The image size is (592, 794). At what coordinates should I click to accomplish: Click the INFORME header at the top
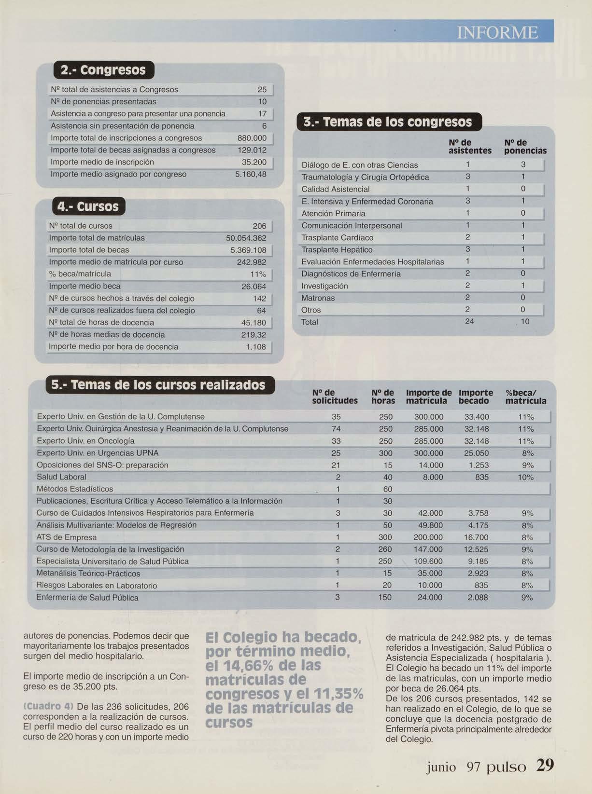(497, 32)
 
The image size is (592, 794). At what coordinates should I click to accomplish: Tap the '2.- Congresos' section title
(103, 70)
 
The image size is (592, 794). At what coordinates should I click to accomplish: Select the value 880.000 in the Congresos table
(252, 138)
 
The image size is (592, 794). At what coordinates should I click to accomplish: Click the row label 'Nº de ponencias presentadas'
(103, 102)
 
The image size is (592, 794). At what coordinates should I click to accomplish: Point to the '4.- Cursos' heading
(88, 206)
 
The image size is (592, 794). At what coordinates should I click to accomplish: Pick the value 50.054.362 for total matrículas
(246, 238)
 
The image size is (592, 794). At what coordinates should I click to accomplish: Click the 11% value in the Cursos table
(258, 274)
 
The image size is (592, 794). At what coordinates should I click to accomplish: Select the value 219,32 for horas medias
(254, 335)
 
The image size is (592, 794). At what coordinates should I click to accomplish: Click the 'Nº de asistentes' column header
(469, 147)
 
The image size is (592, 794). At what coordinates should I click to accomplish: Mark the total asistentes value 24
(469, 321)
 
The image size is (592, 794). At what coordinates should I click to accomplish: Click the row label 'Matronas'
(318, 298)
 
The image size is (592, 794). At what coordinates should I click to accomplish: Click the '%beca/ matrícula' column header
(525, 397)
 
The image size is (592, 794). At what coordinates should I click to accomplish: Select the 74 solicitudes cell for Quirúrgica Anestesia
(336, 429)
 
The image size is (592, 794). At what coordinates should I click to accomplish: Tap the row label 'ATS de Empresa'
(66, 537)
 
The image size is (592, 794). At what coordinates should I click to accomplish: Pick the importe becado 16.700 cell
(476, 537)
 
